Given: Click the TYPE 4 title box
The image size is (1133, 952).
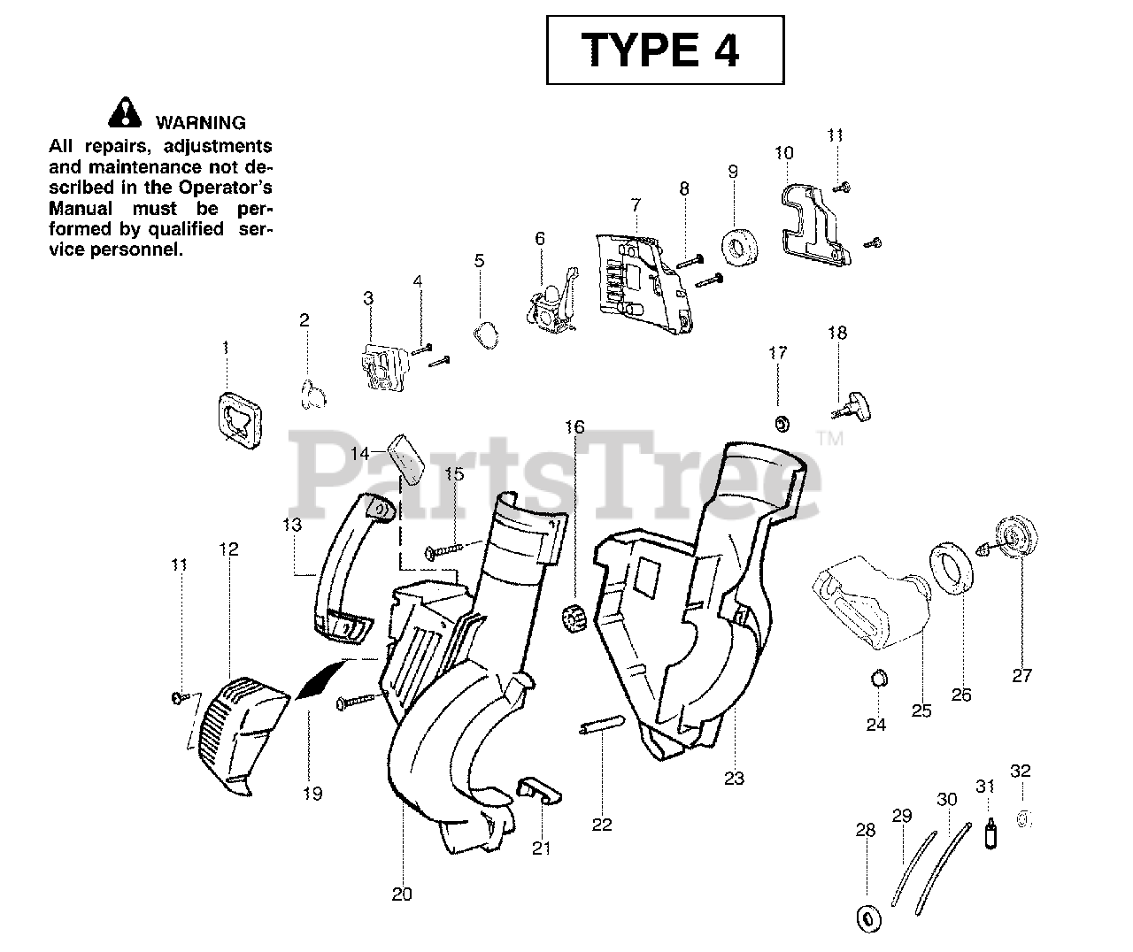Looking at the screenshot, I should (x=665, y=50).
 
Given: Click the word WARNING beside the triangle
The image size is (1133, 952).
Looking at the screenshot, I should (x=201, y=123).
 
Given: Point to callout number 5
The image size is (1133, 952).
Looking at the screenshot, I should (x=480, y=261).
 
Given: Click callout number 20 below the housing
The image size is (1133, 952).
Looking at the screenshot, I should (x=402, y=894).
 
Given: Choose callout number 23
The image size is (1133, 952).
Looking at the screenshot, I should (x=734, y=779).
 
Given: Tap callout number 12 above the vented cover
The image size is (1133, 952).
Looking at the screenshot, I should (x=228, y=549).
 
